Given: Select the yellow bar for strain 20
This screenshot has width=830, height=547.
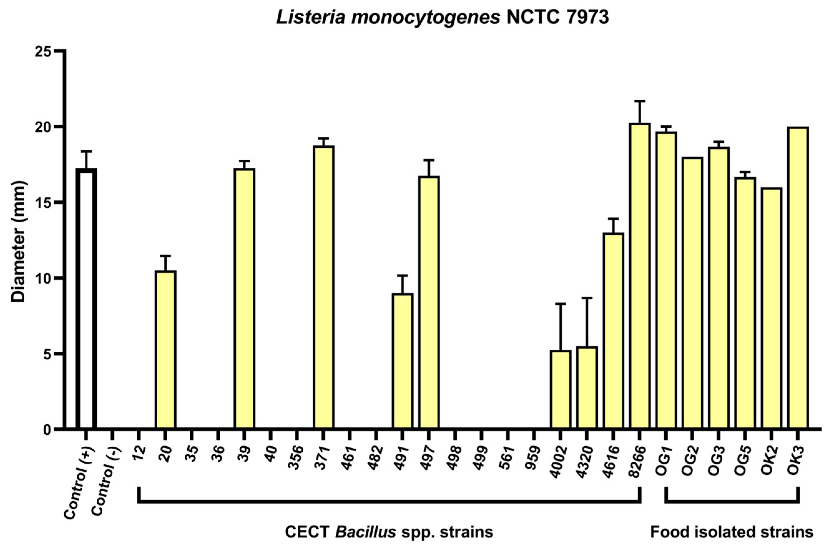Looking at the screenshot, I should pos(165,349).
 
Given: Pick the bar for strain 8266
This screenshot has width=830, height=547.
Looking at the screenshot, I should pos(640,276).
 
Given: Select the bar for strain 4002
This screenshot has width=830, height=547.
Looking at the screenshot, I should pos(560,389).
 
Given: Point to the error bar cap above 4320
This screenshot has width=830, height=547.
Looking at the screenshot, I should pos(587,298).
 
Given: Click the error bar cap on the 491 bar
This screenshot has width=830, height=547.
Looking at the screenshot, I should pos(403,276).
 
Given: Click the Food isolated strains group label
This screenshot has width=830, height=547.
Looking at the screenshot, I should pos(731,532).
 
